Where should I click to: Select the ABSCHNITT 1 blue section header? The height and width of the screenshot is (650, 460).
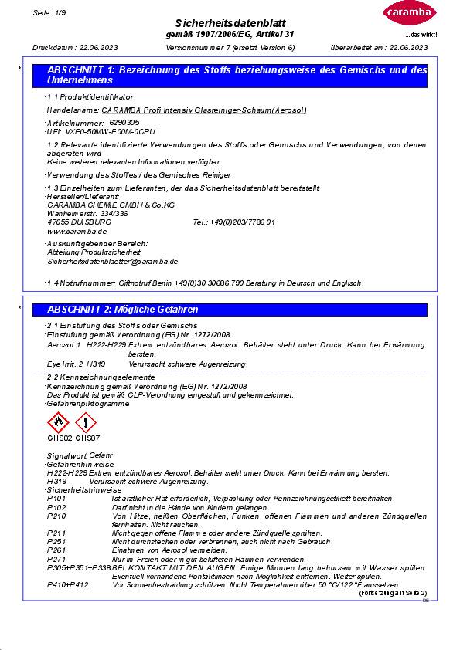pyautogui.click(x=237, y=75)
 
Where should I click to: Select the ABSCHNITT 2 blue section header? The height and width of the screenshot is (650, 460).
pyautogui.click(x=237, y=310)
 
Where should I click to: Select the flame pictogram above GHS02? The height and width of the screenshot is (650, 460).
pyautogui.click(x=58, y=422)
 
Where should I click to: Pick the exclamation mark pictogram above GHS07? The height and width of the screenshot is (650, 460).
pyautogui.click(x=87, y=422)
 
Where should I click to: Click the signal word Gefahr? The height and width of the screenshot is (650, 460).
pyautogui.click(x=101, y=456)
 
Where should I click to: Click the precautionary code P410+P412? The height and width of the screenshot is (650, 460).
pyautogui.click(x=67, y=584)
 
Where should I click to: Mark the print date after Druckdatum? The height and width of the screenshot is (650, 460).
pyautogui.click(x=96, y=49)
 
